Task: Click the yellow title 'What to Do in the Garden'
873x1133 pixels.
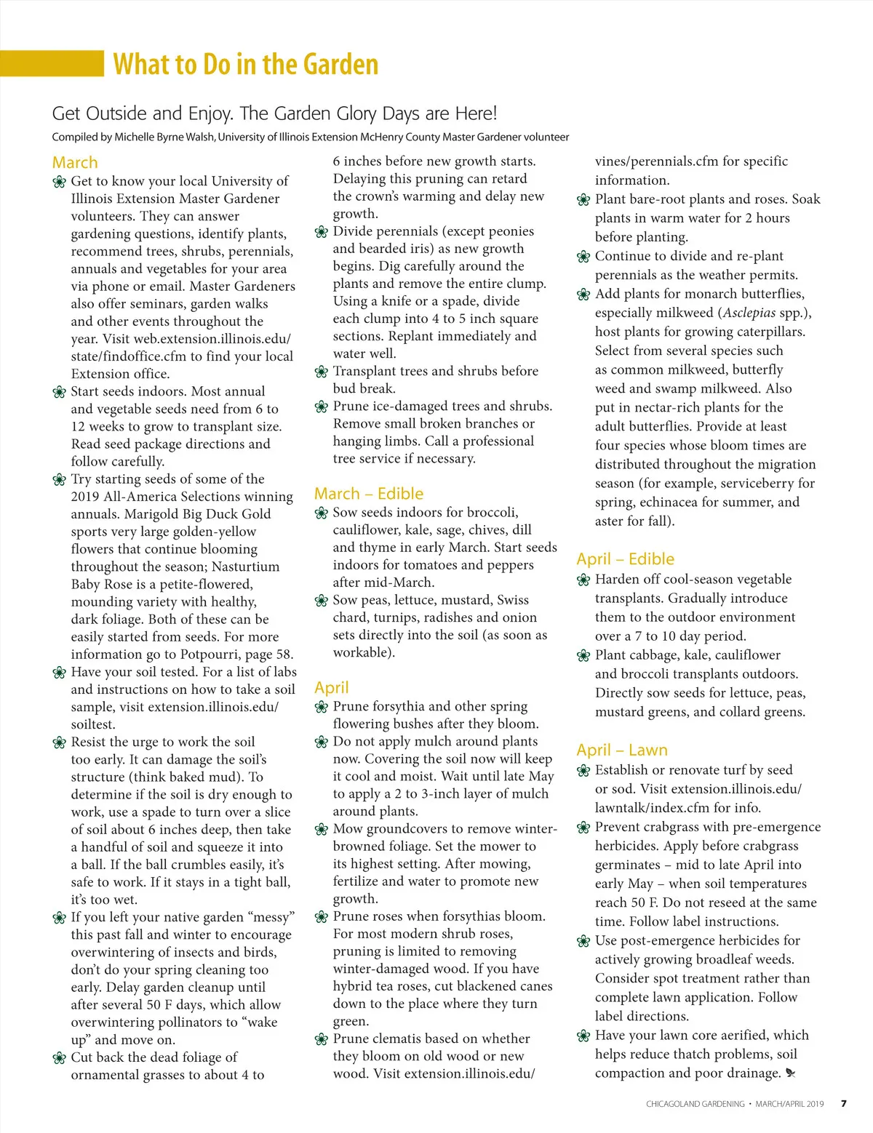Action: [x=246, y=64]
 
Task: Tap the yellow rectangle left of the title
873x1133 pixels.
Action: [x=52, y=63]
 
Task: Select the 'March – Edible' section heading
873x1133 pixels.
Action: [x=368, y=494]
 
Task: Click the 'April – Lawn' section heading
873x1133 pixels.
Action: [x=621, y=750]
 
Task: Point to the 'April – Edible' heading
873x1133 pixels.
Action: [x=625, y=559]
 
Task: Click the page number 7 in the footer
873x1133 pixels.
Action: [x=843, y=1103]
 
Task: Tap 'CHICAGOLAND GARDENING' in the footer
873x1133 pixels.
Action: [x=695, y=1104]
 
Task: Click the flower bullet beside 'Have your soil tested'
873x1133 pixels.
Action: [x=60, y=673]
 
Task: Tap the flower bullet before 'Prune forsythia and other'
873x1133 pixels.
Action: [x=322, y=707]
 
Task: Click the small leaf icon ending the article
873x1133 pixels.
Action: [x=791, y=1073]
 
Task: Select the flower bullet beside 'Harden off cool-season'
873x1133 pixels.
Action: [x=583, y=580]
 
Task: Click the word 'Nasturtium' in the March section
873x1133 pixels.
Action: [x=243, y=566]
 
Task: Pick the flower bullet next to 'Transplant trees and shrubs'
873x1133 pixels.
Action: [x=322, y=372]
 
